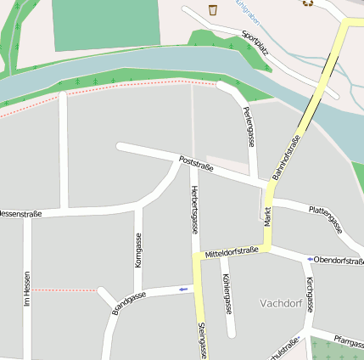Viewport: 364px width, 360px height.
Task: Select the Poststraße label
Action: coord(196,163)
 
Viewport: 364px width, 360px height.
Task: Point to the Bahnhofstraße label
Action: coord(287,157)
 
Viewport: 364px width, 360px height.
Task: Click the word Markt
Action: coord(267,216)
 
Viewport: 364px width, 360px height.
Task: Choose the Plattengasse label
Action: coord(326,217)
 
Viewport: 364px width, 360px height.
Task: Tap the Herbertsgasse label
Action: coord(195,209)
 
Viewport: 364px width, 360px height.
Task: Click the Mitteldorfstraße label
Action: coord(232,251)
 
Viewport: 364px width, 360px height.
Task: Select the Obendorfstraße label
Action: coord(339,259)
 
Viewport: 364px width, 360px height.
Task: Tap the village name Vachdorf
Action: coord(281,303)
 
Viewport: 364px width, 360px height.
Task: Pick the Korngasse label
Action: coord(138,250)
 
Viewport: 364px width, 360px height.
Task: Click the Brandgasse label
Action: coord(129,303)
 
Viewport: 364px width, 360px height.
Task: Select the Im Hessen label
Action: coord(27,289)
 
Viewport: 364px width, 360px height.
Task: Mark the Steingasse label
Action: coord(202,340)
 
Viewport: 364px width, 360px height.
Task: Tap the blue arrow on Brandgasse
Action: coord(183,290)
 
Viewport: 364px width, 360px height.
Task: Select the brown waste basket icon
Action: coord(212,9)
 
